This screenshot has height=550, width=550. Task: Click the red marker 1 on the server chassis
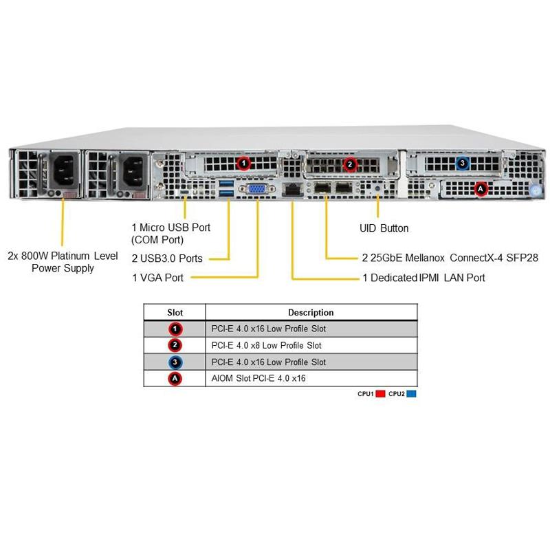[242, 163]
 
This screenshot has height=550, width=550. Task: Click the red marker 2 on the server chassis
[350, 164]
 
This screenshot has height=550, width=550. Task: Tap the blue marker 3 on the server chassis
[463, 164]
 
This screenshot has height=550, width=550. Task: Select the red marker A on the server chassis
[481, 188]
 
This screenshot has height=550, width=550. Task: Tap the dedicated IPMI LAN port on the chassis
[291, 190]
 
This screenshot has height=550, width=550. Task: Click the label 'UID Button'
[384, 228]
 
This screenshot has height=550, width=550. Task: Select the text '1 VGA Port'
[157, 278]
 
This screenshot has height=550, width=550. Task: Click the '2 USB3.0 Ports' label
[167, 258]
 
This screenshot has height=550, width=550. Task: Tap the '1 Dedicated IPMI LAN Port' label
[423, 278]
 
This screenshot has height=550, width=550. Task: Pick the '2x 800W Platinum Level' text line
[63, 255]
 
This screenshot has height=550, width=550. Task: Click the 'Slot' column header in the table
[175, 312]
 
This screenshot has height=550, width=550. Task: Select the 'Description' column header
[311, 312]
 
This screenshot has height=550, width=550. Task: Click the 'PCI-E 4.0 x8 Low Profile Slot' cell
[267, 345]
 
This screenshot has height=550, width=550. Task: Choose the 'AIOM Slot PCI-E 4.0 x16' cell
[258, 378]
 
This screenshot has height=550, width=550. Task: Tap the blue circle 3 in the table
[176, 362]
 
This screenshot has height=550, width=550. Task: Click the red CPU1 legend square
[380, 394]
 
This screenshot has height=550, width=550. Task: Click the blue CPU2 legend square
[411, 394]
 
